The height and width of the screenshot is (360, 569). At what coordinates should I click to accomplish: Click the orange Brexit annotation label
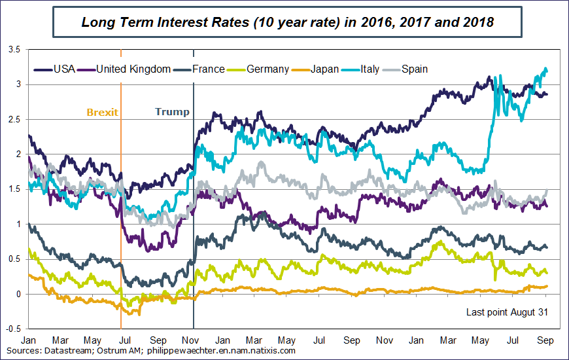pyautogui.click(x=102, y=112)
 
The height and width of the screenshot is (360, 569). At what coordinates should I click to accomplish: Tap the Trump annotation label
pyautogui.click(x=172, y=112)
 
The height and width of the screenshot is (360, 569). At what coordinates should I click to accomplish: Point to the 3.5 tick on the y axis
pyautogui.click(x=14, y=50)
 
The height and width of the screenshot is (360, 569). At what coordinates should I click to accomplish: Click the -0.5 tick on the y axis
pyautogui.click(x=13, y=329)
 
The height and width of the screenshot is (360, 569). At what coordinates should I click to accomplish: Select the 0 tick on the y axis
pyautogui.click(x=18, y=294)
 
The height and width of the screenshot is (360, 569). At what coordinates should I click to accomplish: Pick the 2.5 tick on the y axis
pyautogui.click(x=14, y=119)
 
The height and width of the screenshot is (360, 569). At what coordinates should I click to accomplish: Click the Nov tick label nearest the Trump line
pyautogui.click(x=190, y=341)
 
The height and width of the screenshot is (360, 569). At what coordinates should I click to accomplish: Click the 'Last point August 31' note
pyautogui.click(x=506, y=312)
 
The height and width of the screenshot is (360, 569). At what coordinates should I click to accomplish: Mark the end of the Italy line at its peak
pyautogui.click(x=545, y=69)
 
